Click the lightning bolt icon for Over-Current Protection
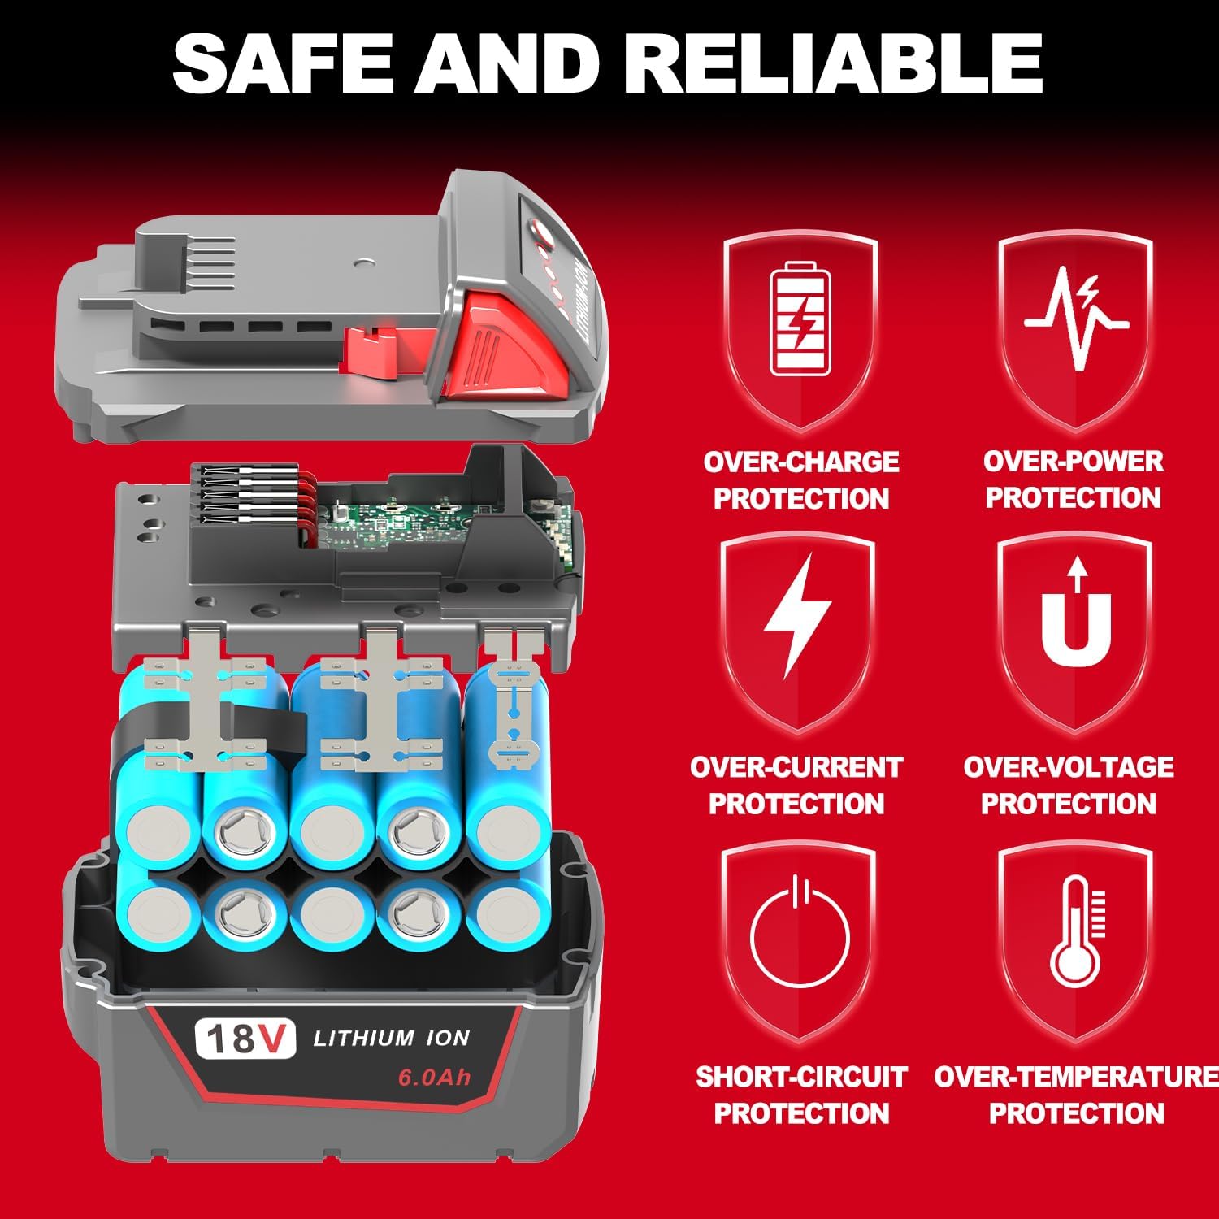(796, 616)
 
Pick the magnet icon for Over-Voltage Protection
(1076, 618)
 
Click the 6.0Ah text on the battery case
(434, 1078)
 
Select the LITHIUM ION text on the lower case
(391, 1038)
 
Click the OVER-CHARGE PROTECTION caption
(800, 480)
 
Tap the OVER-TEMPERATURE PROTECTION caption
(1076, 1095)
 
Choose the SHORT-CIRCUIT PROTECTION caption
(800, 1095)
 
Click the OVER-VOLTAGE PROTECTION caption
(1068, 785)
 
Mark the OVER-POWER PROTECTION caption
(1073, 479)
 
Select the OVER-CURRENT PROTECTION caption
(796, 785)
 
